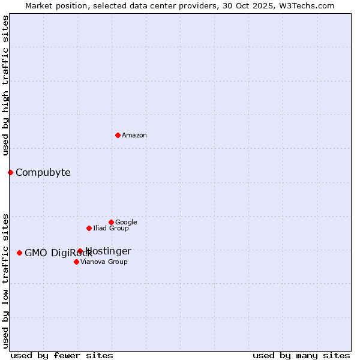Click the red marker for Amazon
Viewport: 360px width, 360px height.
pos(118,135)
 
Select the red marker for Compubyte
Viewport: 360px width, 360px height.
pos(10,172)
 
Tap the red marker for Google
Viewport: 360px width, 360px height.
pos(111,222)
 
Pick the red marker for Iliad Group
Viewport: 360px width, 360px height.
pos(89,228)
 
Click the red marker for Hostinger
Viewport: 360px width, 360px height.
pos(80,251)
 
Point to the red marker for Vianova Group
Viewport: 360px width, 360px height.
pos(76,262)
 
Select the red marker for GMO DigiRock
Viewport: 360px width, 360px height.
pos(19,253)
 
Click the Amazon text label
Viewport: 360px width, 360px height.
pos(134,136)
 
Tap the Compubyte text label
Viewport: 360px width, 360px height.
pos(43,173)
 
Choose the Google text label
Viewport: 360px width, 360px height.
pos(126,223)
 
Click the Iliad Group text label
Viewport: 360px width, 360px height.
pos(110,229)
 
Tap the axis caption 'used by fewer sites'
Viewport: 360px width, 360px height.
pos(62,355)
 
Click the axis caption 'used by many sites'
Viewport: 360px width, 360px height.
pos(301,355)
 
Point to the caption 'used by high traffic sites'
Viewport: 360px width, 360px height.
pos(5,85)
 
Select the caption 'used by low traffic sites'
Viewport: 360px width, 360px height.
pos(5,280)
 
